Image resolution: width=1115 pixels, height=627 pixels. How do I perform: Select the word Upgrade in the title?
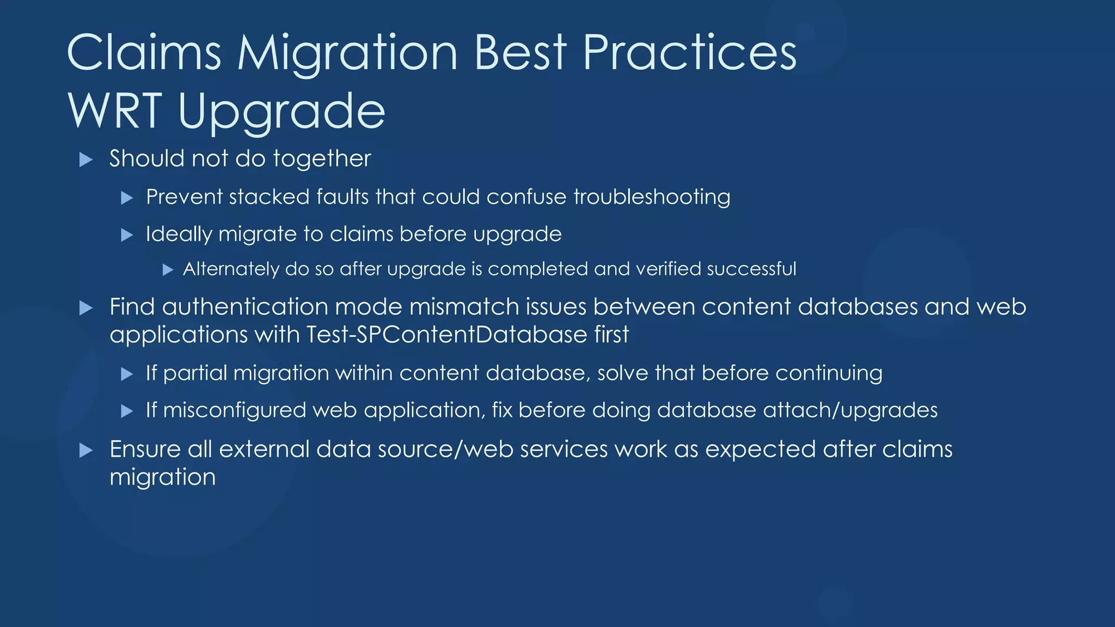(x=281, y=112)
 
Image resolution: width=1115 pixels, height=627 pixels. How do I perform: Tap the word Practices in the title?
(x=689, y=53)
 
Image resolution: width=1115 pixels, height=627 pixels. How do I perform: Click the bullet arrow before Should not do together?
(x=85, y=159)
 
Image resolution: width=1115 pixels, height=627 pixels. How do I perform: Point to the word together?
(x=322, y=159)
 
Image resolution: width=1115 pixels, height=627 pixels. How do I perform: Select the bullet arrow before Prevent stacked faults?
(x=127, y=198)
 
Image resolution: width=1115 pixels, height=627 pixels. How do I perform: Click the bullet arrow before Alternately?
(x=168, y=269)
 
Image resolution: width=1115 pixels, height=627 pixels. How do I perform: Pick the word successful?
(x=751, y=269)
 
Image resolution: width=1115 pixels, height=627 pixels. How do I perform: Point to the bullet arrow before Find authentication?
(x=85, y=308)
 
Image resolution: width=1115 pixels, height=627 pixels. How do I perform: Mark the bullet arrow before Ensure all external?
(x=85, y=450)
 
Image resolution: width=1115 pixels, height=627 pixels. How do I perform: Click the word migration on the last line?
(x=162, y=477)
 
